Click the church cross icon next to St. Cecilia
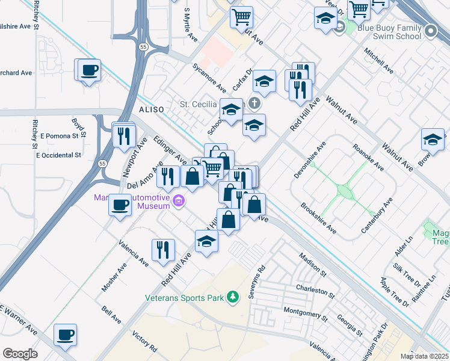(x=254, y=103)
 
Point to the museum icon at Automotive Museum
(x=177, y=200)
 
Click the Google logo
(x=20, y=354)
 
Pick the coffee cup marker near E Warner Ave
(x=65, y=335)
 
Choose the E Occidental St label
(x=58, y=155)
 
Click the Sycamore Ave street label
(x=209, y=76)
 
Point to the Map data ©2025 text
(x=424, y=356)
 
